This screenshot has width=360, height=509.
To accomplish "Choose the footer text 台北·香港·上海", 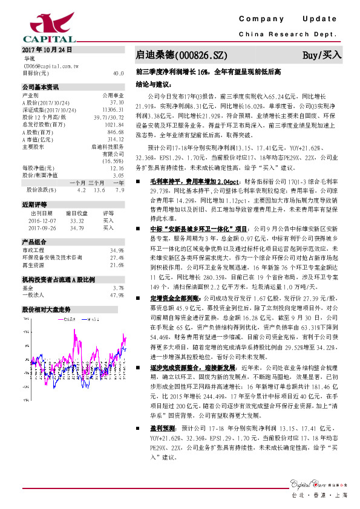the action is coord(319,495).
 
